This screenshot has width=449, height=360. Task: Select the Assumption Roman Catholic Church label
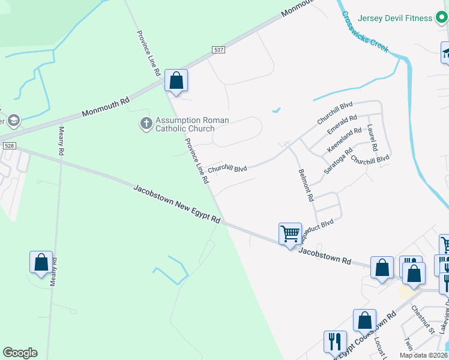[192, 124]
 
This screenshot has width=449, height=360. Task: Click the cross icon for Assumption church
[146, 124]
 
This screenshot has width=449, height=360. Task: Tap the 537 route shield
[218, 50]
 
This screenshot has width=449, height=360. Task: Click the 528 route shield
[8, 146]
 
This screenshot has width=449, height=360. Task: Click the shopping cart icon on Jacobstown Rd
[290, 233]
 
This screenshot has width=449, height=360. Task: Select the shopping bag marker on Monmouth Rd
[176, 80]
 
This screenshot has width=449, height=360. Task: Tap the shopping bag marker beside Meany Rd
[41, 262]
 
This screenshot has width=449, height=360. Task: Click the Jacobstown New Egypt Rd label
[177, 205]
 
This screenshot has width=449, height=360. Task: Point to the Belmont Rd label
[306, 185]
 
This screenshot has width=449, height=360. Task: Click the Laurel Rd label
[372, 137]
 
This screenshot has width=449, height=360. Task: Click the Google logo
[20, 353]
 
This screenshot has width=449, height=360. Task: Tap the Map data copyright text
[424, 355]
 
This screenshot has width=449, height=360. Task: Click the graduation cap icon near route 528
[13, 121]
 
